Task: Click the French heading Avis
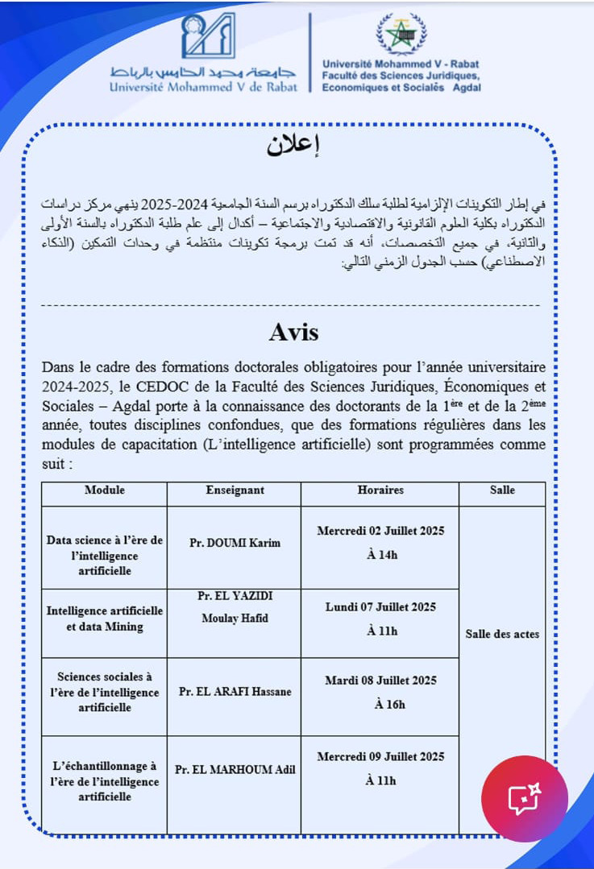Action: (x=293, y=332)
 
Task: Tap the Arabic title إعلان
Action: (x=293, y=146)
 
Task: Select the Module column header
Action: (x=105, y=490)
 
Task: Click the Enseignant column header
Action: (x=235, y=490)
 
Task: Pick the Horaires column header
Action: (x=380, y=490)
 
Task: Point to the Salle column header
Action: (x=502, y=490)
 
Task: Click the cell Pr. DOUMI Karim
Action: (x=235, y=543)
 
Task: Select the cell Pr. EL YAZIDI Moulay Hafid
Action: (x=235, y=606)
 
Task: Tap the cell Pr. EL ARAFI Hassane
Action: (x=235, y=692)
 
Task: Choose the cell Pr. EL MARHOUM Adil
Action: (x=235, y=769)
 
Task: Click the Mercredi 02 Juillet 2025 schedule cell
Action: (x=380, y=542)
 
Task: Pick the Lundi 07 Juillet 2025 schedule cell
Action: (x=380, y=619)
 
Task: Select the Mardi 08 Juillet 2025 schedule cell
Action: (x=380, y=692)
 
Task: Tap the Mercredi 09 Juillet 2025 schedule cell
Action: (x=380, y=768)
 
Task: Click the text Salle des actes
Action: (x=502, y=634)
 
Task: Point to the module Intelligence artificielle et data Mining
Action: (x=105, y=619)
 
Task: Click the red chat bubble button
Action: (x=524, y=798)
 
